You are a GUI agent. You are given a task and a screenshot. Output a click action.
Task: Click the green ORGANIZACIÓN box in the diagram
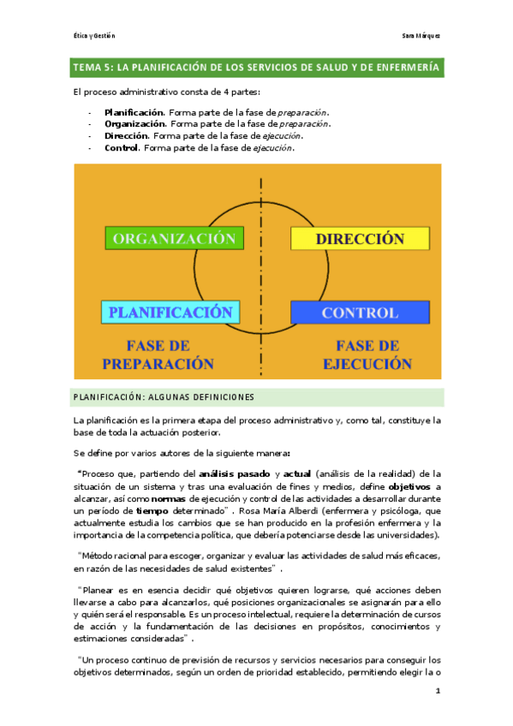(x=173, y=238)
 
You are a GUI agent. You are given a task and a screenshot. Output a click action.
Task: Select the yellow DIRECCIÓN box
(x=359, y=238)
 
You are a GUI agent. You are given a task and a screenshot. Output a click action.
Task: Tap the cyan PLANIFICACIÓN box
(x=170, y=312)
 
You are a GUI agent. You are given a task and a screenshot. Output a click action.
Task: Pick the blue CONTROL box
(x=359, y=312)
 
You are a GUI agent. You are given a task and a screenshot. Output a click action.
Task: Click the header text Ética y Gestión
(x=94, y=36)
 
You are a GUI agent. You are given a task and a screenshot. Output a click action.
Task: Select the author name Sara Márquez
(x=421, y=36)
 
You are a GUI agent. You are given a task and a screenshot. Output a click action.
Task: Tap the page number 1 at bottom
(x=437, y=690)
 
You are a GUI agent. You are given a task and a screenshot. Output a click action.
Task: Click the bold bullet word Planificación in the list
(x=134, y=112)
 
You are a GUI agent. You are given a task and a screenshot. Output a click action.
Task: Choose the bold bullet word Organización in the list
(x=135, y=124)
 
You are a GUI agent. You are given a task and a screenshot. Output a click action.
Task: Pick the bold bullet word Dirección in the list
(x=127, y=136)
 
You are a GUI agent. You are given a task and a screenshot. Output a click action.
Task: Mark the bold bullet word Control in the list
(x=122, y=148)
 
